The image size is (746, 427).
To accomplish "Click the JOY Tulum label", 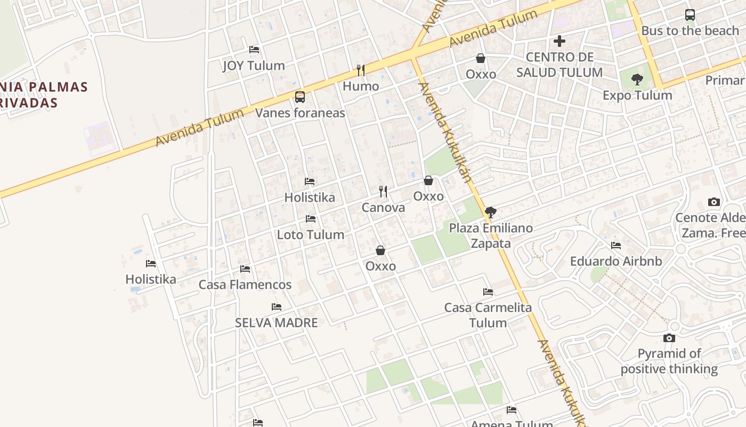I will [254, 66].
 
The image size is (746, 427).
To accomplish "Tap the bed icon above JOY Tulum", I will [254, 50].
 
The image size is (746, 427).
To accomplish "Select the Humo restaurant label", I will [361, 86].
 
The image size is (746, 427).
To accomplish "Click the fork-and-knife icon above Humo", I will [361, 70].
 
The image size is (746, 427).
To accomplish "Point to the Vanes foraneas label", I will [300, 113].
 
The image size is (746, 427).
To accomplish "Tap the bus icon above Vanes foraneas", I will [300, 97].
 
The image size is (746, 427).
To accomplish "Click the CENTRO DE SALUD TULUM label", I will [559, 65].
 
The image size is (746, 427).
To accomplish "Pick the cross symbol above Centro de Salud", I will [559, 41].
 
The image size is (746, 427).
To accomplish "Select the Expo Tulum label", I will [637, 96].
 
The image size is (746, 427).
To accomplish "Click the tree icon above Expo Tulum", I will [637, 80].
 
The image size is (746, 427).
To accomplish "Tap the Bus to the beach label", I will [690, 31].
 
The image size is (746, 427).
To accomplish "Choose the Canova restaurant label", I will [383, 208].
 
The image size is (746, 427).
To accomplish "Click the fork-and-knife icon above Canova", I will [383, 191].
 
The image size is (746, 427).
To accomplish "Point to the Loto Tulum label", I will [311, 235].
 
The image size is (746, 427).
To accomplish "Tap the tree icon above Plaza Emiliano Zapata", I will [491, 212].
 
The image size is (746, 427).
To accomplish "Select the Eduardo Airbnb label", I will [616, 262].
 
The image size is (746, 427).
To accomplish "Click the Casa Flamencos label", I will [245, 285].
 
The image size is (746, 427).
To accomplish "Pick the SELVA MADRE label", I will [277, 323].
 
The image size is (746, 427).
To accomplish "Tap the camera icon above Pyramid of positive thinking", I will [669, 338].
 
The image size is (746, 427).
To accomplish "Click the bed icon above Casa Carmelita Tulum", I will [488, 292].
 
